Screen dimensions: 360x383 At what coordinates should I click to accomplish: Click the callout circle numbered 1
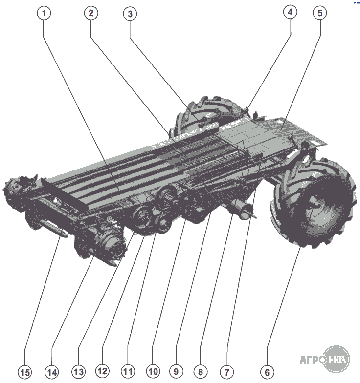tap(44, 13)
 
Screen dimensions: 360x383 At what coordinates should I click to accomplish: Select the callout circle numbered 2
tap(91, 13)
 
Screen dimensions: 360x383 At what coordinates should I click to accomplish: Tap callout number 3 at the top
tap(130, 14)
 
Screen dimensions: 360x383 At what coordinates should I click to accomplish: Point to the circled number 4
tap(291, 12)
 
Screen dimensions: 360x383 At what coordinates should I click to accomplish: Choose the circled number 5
tap(320, 13)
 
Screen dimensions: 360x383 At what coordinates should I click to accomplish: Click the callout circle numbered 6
tap(267, 372)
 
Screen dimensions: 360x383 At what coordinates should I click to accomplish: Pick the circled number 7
tap(227, 372)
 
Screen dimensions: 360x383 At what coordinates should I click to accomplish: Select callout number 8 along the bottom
tap(201, 372)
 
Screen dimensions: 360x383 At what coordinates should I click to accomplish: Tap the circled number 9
tap(176, 371)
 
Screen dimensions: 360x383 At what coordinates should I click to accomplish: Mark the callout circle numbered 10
tap(153, 371)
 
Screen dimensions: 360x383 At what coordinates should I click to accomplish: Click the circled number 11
tap(128, 371)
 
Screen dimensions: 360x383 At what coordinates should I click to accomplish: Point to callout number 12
tap(102, 371)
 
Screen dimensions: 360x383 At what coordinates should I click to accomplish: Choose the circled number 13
tap(79, 372)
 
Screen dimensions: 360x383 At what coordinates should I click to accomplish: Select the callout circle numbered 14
tap(52, 372)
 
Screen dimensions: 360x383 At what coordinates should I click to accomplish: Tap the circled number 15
tap(25, 372)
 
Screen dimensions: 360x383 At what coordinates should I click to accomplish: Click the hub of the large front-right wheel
tap(315, 203)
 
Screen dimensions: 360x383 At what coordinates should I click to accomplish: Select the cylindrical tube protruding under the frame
tap(242, 210)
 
